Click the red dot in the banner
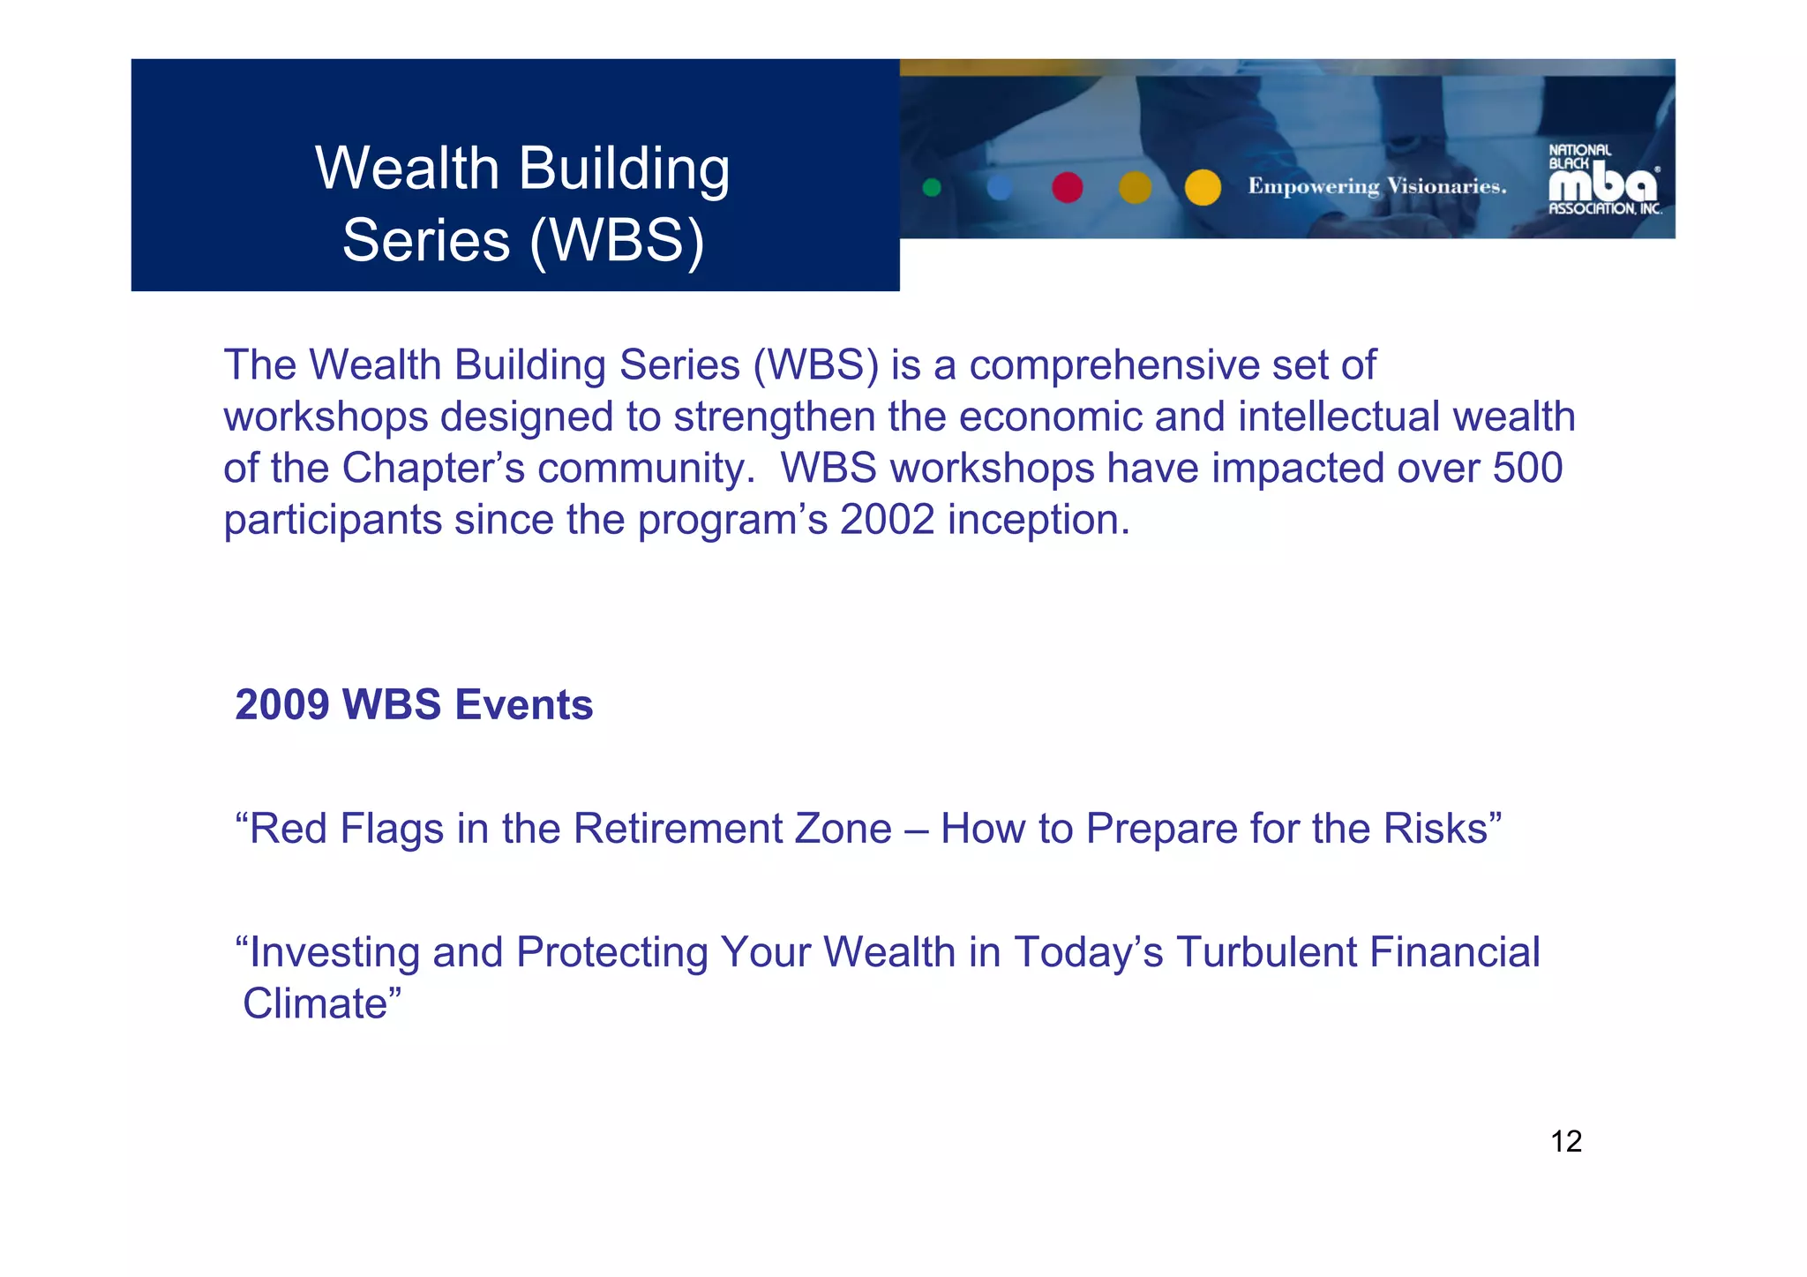click(x=1067, y=187)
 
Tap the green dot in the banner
click(x=931, y=187)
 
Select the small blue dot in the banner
click(x=999, y=187)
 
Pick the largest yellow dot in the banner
click(x=1202, y=187)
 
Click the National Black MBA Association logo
click(x=1604, y=181)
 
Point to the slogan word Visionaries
click(x=1446, y=186)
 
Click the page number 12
click(x=1565, y=1141)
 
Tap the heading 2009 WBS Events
click(x=414, y=704)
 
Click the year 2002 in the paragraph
click(x=887, y=519)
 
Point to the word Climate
click(x=316, y=1003)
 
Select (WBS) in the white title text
click(x=617, y=240)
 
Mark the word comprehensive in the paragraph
click(x=1113, y=365)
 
